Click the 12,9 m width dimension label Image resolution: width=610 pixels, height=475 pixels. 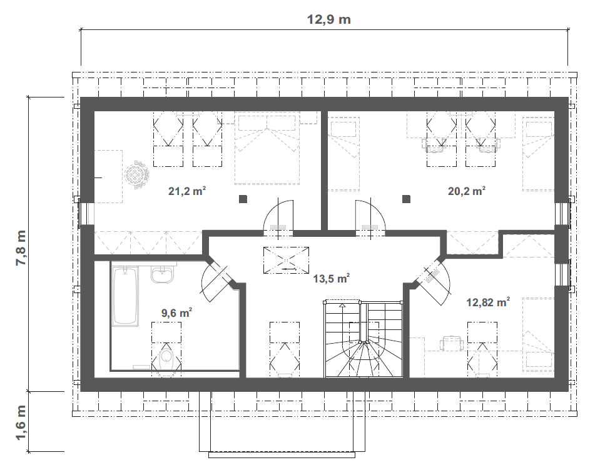point(328,19)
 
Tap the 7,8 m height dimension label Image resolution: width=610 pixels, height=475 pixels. point(21,248)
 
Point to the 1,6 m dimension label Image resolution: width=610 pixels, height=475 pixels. point(21,423)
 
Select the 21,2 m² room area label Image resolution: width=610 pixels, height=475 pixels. point(187,191)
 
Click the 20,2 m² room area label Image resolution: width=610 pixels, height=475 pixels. point(467,191)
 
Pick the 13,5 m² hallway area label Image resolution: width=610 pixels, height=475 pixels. point(331,278)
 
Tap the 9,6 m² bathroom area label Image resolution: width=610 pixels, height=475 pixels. point(176,313)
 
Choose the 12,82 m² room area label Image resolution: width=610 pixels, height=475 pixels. point(488,302)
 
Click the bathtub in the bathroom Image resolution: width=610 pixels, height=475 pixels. point(125,296)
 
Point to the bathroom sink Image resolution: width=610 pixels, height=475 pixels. point(163,274)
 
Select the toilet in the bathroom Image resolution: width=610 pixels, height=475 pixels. point(166,361)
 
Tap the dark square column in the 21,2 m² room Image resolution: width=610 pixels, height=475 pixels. point(243,199)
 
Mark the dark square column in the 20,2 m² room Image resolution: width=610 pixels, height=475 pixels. point(406,199)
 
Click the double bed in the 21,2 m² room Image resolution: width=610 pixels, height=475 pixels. point(267,148)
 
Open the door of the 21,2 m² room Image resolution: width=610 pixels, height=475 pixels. point(278,217)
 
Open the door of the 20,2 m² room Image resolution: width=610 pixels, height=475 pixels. point(370,217)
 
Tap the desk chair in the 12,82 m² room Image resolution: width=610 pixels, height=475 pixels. point(451,342)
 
